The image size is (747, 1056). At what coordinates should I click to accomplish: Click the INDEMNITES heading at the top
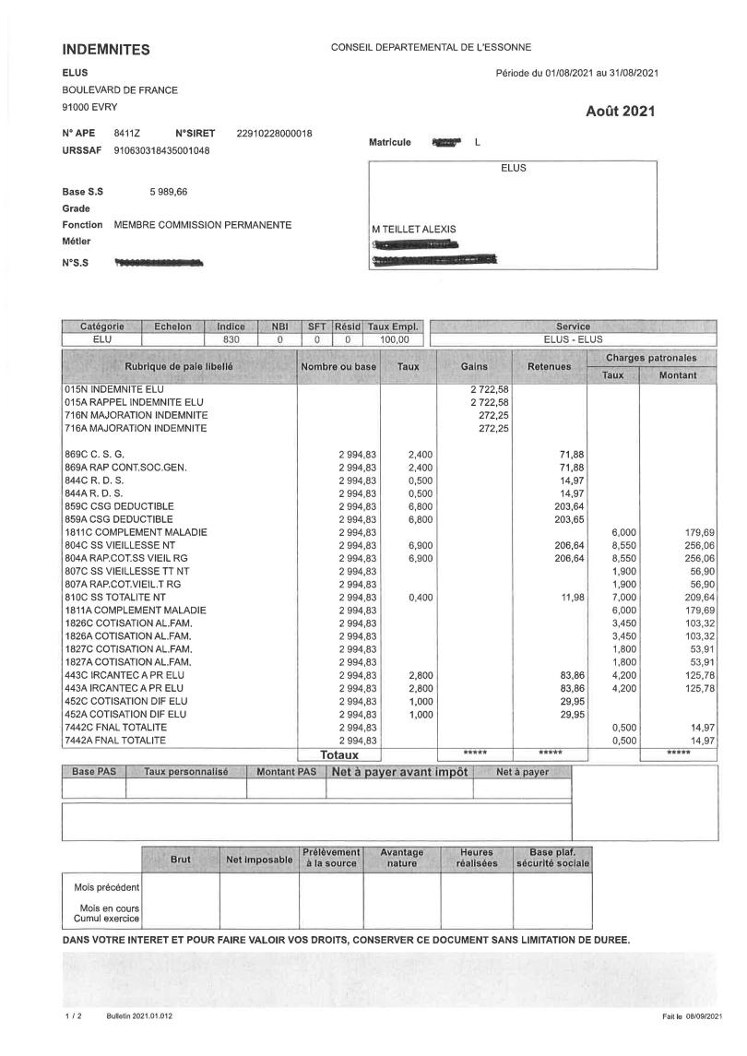pos(105,49)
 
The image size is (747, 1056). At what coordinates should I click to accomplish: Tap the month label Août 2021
pos(621,112)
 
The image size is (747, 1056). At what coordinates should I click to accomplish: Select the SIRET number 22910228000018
pos(274,134)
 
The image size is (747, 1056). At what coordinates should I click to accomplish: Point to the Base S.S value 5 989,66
pos(169,192)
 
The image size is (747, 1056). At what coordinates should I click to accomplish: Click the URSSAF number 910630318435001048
pos(161,150)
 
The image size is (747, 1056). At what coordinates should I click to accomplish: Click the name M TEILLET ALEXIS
pos(414,230)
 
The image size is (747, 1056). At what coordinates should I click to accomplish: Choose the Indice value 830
pos(231,339)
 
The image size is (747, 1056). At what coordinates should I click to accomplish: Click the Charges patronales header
pos(651,357)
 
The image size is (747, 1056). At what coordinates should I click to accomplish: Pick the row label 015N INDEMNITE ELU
pos(109,389)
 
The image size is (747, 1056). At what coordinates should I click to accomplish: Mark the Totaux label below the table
pos(338,754)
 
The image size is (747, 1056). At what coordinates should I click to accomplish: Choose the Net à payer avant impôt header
pos(400,772)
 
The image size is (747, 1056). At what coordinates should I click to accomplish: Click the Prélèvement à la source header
pos(331,858)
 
